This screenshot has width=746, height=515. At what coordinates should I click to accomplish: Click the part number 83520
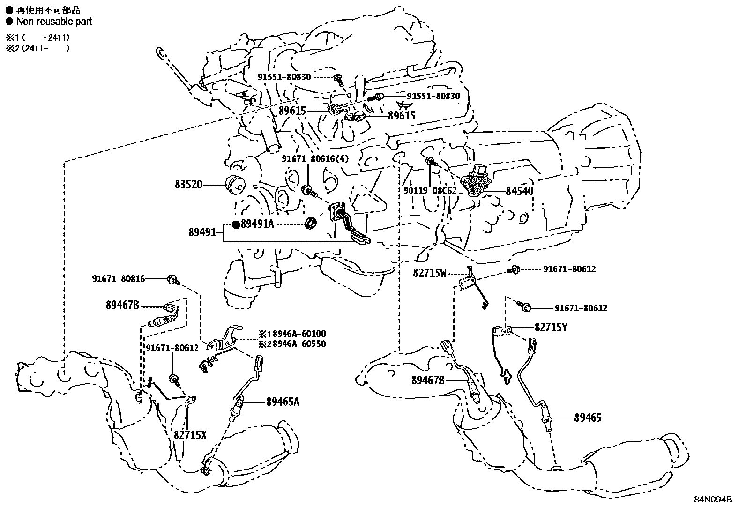coord(189,185)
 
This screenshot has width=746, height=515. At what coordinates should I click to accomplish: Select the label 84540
coord(519,191)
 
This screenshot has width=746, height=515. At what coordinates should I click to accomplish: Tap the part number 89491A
coord(257,224)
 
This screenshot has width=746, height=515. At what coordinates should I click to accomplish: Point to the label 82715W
coord(430,273)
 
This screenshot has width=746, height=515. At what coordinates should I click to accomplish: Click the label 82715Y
coord(551,328)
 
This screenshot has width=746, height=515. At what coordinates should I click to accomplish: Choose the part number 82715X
coord(190,435)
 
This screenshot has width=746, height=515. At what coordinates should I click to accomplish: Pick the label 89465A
coord(283,401)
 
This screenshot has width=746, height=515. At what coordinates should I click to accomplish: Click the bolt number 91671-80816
coord(118,279)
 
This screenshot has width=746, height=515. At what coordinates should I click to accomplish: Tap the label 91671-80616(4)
coord(315,159)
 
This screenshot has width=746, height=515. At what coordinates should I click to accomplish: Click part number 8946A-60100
coord(300,334)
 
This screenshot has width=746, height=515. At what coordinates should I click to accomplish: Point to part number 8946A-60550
coord(300,343)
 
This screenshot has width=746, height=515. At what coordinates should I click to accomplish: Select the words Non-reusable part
coord(54,22)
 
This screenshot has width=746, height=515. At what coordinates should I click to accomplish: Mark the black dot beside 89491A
coord(236,224)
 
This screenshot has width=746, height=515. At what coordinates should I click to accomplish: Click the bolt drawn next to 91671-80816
coord(172,281)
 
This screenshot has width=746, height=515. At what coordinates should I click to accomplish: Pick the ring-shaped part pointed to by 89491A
coord(311,223)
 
